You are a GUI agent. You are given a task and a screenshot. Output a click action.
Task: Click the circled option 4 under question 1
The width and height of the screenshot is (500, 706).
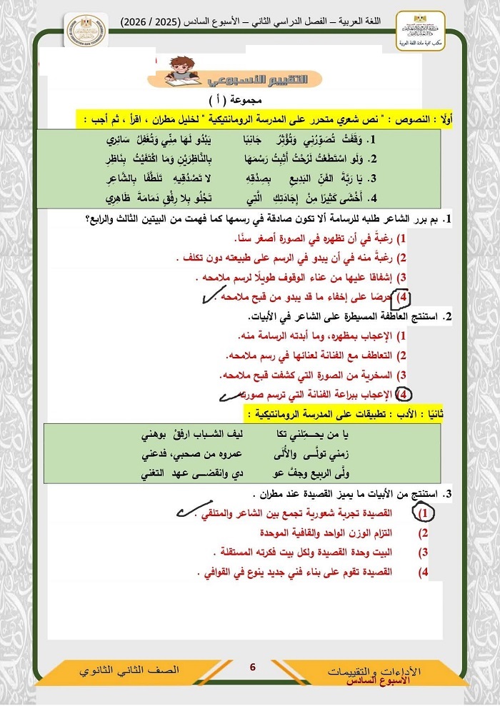(404, 296)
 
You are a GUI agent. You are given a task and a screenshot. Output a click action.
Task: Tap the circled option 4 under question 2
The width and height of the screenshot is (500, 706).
(404, 393)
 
